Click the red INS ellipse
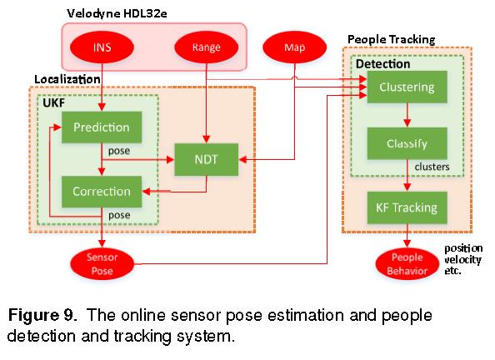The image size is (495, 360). coord(101,47)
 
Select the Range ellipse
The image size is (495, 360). coord(206,47)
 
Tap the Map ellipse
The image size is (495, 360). coord(293,47)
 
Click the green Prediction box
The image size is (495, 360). coord(101,127)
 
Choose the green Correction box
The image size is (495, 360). coord(101,191)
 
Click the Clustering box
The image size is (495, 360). coord(406,87)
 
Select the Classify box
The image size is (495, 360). coord(406,143)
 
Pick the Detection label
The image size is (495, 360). coord(382,63)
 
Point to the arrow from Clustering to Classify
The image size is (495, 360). coord(406,115)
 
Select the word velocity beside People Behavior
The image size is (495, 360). coord(463,259)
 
